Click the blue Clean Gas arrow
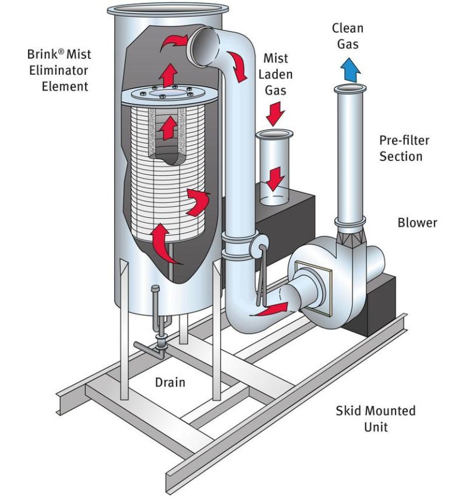tap(348, 69)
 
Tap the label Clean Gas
tap(348, 36)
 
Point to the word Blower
tap(417, 222)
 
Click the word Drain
tap(170, 382)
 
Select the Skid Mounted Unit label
tap(376, 418)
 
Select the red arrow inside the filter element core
tap(169, 129)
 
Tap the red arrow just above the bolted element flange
tap(169, 76)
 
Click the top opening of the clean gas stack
tap(348, 89)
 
